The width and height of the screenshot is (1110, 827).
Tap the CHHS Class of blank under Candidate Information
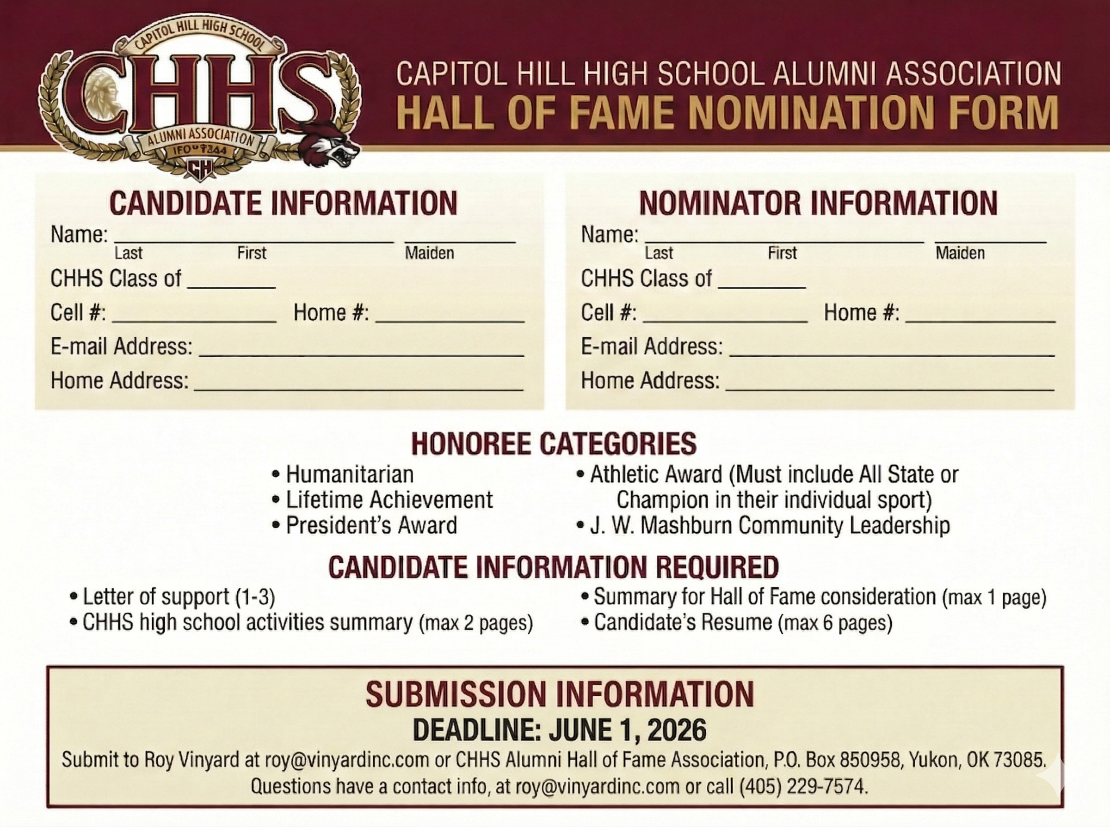[231, 283]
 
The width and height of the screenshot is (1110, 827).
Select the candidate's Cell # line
[194, 316]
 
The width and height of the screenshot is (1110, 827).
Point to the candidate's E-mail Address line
[361, 350]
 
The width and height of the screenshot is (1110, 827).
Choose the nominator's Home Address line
[889, 384]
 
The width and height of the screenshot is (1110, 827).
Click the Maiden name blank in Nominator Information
[990, 238]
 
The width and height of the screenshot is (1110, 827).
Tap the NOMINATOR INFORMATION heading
[818, 203]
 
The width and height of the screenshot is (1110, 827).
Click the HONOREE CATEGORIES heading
[554, 444]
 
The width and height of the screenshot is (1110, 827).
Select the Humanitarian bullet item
[349, 474]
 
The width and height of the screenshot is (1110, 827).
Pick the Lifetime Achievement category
[389, 499]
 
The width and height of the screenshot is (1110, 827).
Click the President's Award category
[371, 525]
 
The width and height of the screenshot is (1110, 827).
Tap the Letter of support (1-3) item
[179, 597]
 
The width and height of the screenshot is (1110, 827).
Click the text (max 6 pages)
[835, 623]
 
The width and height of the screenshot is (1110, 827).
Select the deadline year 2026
[677, 730]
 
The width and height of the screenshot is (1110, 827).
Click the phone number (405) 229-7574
[803, 786]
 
